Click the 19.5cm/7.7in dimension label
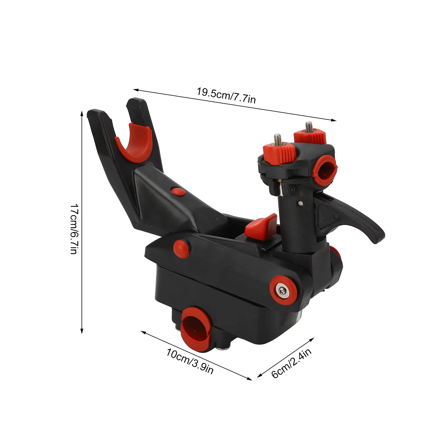tap(226, 95)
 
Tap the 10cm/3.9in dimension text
tap(190, 361)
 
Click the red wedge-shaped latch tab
tap(261, 226)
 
